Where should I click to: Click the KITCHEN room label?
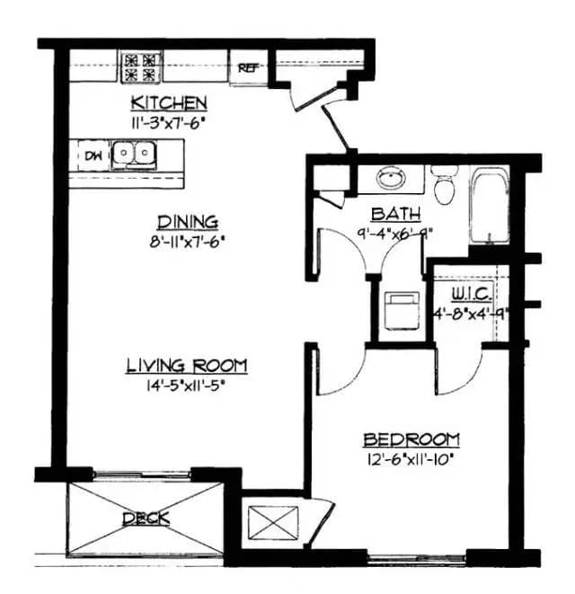169,102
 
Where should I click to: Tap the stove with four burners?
142,64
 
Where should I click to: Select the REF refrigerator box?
246,67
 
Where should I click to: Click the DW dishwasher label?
93,155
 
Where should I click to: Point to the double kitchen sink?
133,156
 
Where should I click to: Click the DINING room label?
188,222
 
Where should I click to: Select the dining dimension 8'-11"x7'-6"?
188,241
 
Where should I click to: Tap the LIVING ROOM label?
186,366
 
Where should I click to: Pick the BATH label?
390,214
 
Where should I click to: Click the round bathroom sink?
390,178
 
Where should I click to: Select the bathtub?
490,206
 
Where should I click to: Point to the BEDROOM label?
411,439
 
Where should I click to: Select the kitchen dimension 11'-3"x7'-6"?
169,121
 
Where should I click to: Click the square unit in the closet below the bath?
398,309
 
